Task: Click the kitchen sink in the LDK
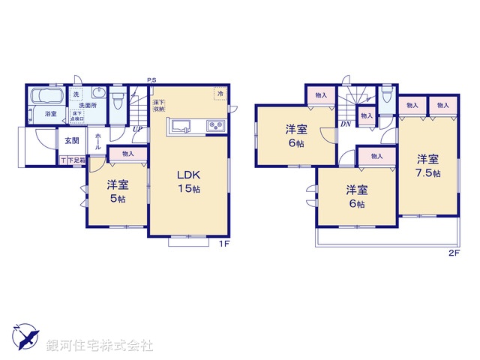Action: (x=181, y=126)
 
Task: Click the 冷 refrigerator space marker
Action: (x=220, y=93)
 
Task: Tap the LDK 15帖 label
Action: (x=189, y=181)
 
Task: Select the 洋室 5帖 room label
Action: (x=116, y=190)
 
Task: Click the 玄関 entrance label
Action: (x=71, y=141)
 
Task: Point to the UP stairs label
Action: (x=137, y=129)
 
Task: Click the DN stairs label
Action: (x=346, y=124)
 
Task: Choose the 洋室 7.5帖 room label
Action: (x=427, y=165)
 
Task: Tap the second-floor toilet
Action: (x=385, y=97)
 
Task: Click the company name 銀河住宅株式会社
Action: (x=100, y=346)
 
